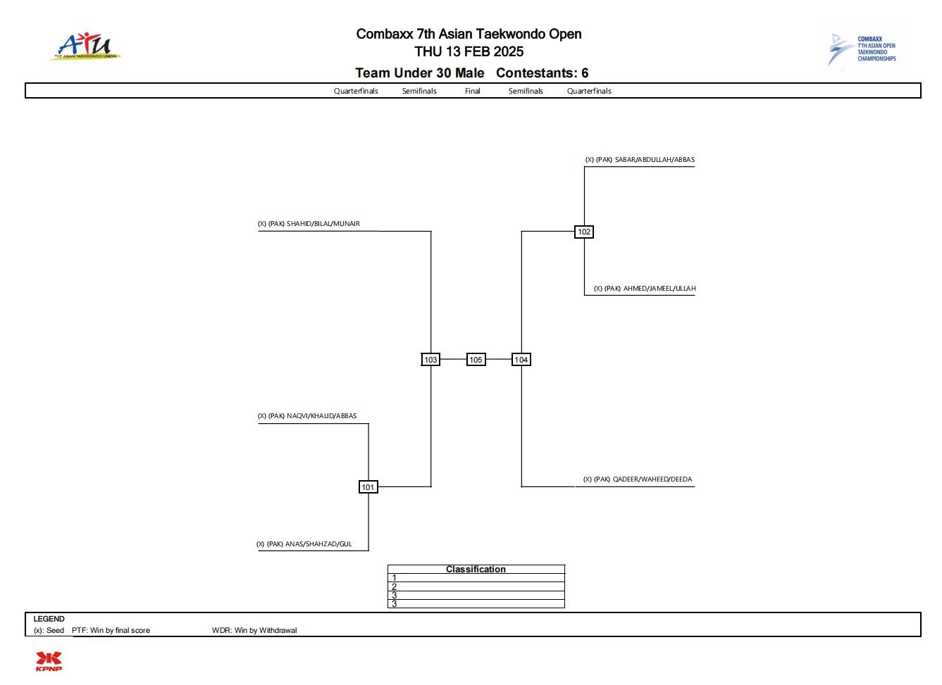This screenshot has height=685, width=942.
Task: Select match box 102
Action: [584, 232]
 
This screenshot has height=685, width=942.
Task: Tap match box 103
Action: [430, 360]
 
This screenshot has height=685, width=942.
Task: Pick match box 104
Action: [521, 360]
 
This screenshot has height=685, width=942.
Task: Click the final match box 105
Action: [476, 360]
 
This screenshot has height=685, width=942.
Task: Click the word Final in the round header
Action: [473, 92]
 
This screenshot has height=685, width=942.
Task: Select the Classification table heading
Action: [476, 570]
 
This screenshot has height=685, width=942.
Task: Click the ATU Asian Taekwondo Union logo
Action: [85, 46]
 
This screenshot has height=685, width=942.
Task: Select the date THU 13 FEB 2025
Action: [469, 51]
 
